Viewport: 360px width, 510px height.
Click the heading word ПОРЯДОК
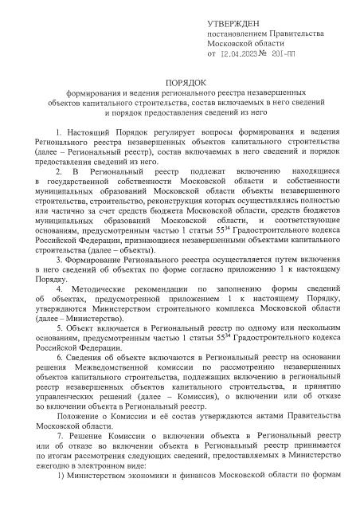pyautogui.click(x=185, y=82)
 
